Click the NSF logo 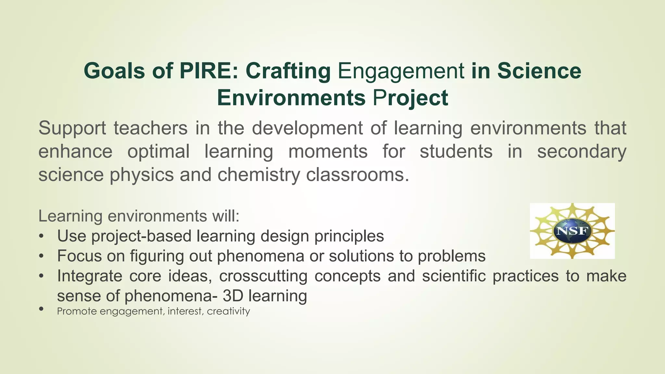(x=572, y=231)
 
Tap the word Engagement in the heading (x=401, y=71)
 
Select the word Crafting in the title (x=288, y=71)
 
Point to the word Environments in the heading (x=291, y=98)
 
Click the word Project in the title (x=410, y=98)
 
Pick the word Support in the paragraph (x=72, y=128)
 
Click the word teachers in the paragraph (x=151, y=128)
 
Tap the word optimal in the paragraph (x=158, y=151)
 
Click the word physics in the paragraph (x=142, y=175)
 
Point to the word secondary (x=582, y=151)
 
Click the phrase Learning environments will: (x=139, y=216)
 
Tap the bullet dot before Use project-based (x=41, y=236)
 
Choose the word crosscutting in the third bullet (x=263, y=276)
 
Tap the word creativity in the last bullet (x=228, y=311)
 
